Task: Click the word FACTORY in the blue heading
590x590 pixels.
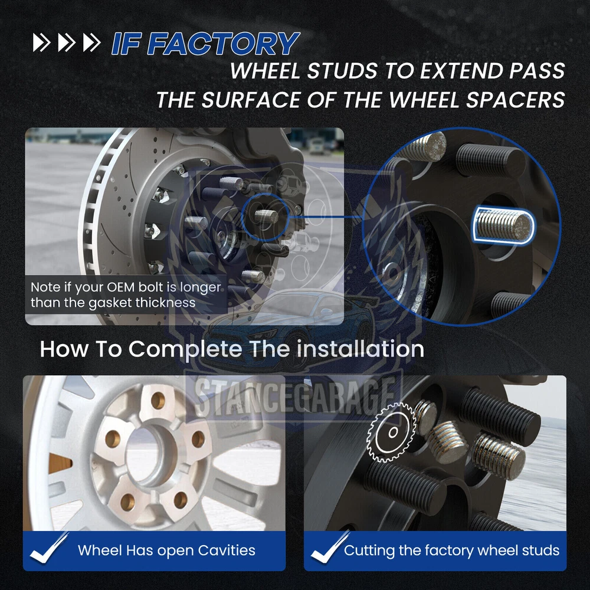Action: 223,44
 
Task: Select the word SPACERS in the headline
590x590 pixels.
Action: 516,100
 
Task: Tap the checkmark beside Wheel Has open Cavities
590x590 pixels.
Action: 48,548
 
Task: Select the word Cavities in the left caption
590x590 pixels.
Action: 226,550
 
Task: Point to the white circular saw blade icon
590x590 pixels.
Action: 392,432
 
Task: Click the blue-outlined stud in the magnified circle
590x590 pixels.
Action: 503,225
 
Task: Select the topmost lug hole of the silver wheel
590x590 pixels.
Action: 158,401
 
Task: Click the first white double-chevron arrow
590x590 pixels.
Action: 41,42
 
